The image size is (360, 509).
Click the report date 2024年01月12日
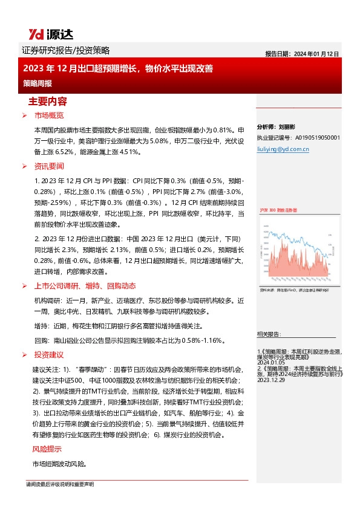pyautogui.click(x=302, y=54)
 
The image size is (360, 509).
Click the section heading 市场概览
pyautogui.click(x=49, y=115)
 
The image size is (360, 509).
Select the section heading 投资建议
pyautogui.click(x=49, y=354)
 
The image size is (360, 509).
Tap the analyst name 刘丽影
pyautogui.click(x=288, y=128)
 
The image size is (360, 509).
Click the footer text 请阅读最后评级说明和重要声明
pyautogui.click(x=60, y=484)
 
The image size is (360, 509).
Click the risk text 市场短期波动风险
pyautogui.click(x=59, y=464)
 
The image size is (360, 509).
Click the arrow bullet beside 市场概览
pyautogui.click(x=24, y=115)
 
